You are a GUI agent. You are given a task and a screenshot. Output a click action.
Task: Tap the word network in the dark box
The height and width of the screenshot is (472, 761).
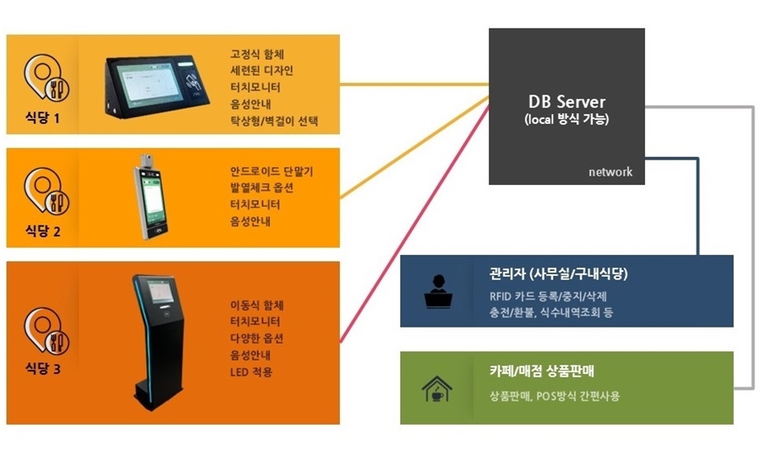(x=610, y=171)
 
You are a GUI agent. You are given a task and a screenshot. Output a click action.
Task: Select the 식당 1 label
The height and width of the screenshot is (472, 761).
(x=45, y=118)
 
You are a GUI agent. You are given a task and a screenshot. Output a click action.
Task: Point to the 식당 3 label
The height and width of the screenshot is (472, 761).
(x=45, y=369)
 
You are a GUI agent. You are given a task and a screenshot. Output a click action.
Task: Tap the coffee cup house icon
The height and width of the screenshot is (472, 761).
(x=437, y=388)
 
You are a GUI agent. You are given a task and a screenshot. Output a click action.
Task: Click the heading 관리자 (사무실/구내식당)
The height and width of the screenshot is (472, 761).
(x=558, y=274)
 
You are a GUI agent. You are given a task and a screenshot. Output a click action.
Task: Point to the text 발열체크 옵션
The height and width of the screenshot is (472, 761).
(x=262, y=188)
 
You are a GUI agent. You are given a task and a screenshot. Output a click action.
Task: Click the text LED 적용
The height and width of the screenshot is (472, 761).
(x=252, y=372)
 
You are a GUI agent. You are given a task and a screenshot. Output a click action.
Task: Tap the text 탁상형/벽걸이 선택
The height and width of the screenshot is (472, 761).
(x=274, y=121)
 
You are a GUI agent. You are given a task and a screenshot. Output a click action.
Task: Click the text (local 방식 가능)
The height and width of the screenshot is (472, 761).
(x=566, y=120)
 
